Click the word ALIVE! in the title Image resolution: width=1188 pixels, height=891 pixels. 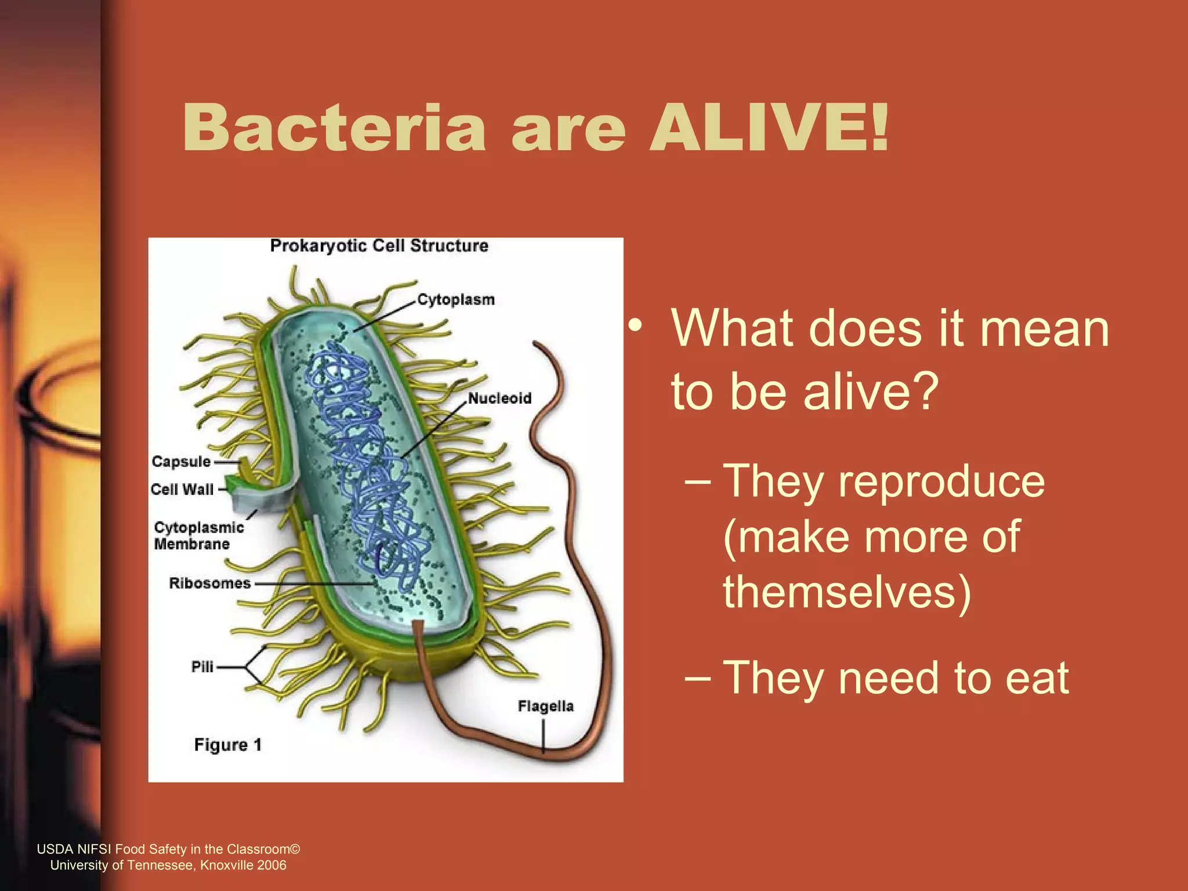click(x=769, y=128)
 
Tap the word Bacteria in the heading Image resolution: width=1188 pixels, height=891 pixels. click(x=334, y=128)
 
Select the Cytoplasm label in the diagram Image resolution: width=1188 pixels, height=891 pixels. click(x=456, y=300)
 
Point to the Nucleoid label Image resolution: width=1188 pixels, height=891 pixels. click(x=499, y=399)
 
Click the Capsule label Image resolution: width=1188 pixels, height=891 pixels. click(x=181, y=462)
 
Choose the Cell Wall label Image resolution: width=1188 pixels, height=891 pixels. click(x=182, y=490)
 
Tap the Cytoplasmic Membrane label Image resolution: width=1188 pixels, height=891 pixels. click(x=198, y=536)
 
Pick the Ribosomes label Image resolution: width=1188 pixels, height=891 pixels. click(x=209, y=583)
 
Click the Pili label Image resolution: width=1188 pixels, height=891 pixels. click(x=202, y=667)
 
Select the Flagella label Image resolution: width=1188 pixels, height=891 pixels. click(x=545, y=706)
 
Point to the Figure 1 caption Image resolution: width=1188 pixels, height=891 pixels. click(x=227, y=745)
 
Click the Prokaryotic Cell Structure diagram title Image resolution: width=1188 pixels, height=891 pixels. click(x=379, y=246)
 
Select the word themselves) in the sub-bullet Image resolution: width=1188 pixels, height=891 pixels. click(x=847, y=592)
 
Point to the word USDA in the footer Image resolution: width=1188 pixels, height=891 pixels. click(x=55, y=849)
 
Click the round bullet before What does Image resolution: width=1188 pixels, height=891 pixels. click(x=636, y=325)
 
